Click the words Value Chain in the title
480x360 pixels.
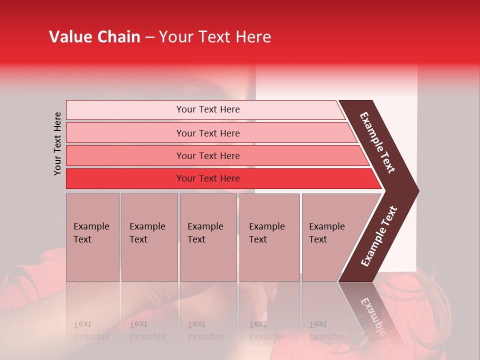pos(94,37)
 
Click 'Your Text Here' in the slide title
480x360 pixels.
pos(215,37)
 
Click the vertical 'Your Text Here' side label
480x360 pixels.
pos(58,143)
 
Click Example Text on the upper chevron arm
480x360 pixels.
pos(377,142)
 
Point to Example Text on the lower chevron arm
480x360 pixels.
pos(379,236)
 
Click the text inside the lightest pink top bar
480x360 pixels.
pos(208,109)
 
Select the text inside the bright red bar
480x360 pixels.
pos(208,178)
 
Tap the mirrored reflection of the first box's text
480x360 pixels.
pos(91,330)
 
